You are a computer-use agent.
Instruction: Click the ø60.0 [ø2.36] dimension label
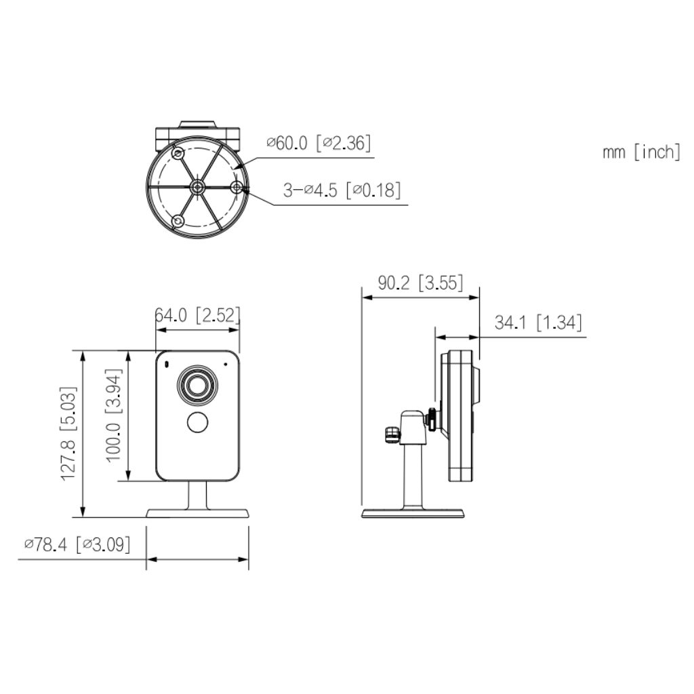pyautogui.click(x=319, y=143)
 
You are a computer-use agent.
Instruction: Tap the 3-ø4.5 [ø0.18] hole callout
pyautogui.click(x=342, y=190)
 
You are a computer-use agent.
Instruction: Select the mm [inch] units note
pyautogui.click(x=641, y=152)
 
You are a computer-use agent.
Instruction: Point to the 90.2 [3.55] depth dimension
pyautogui.click(x=420, y=283)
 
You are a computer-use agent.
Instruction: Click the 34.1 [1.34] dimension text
pyautogui.click(x=538, y=322)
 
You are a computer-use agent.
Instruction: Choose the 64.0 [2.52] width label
pyautogui.click(x=197, y=314)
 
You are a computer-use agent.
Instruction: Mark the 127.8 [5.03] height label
pyautogui.click(x=68, y=434)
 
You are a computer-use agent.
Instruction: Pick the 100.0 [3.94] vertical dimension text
pyautogui.click(x=113, y=415)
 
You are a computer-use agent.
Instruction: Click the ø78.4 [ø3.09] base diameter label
pyautogui.click(x=77, y=544)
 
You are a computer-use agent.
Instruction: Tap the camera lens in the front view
pyautogui.click(x=197, y=385)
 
